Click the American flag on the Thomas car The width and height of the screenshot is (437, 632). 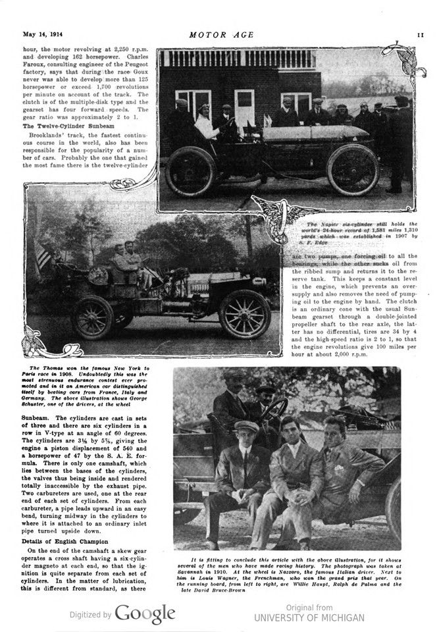(x=43, y=255)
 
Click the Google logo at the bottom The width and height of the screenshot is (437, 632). (x=145, y=614)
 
